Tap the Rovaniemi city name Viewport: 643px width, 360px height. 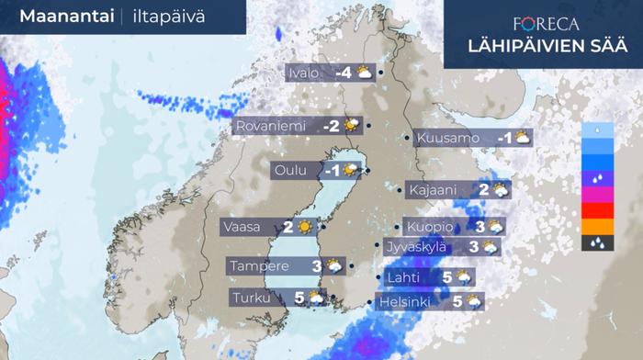pos(273,126)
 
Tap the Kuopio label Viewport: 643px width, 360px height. pos(431,226)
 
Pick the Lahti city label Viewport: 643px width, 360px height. pos(406,276)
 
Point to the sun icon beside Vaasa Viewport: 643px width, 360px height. pos(304,227)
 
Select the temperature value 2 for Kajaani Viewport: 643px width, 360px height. pos(484,190)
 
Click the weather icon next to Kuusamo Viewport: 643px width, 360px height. pos(522,138)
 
